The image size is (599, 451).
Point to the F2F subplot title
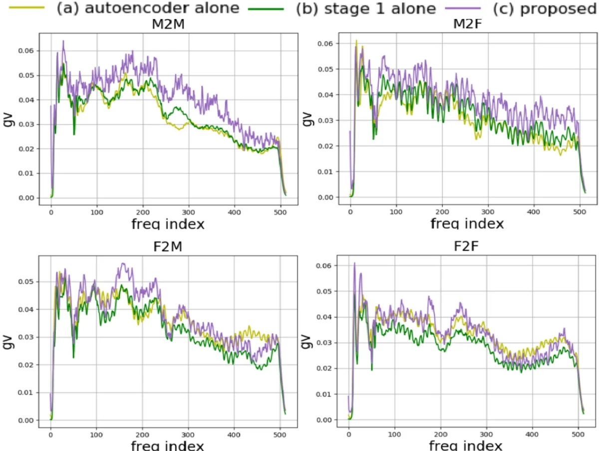click(465, 247)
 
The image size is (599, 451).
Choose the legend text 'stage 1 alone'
click(365, 8)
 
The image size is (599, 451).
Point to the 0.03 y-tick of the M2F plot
click(324, 120)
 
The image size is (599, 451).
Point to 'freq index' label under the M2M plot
click(168, 225)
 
